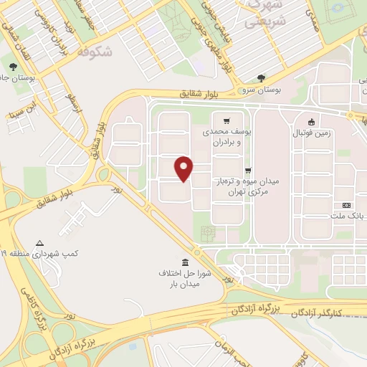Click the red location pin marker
coord(184,168)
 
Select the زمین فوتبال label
coord(310,133)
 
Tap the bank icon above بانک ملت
coord(347,205)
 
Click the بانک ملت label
coord(351,216)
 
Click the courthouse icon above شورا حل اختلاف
coord(186,261)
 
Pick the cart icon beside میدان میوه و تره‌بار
coord(248,171)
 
